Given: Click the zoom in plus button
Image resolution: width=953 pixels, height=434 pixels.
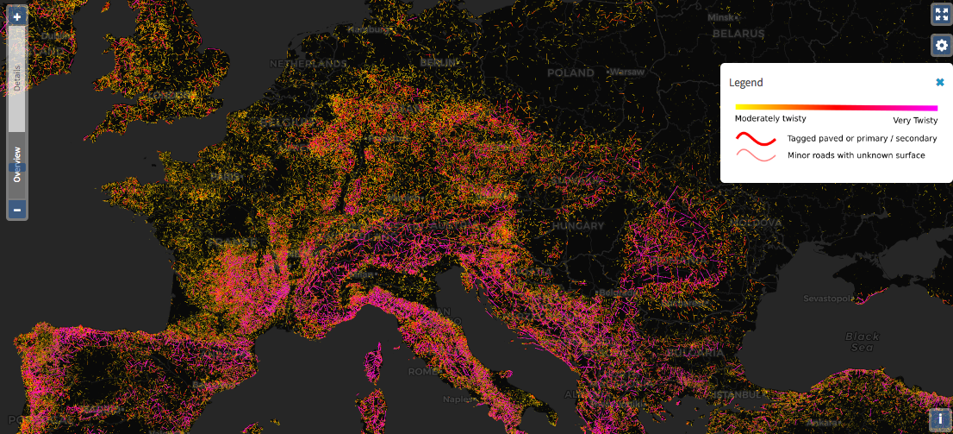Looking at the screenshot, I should (17, 16).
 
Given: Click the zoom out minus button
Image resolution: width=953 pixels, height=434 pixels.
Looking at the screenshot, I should (17, 209).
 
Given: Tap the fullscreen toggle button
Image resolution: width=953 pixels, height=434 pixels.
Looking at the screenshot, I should (941, 15).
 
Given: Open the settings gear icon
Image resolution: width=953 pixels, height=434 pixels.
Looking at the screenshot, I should (941, 45).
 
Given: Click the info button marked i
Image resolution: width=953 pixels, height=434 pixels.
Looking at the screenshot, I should (940, 419).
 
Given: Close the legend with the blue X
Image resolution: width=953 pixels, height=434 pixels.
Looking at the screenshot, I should (940, 82).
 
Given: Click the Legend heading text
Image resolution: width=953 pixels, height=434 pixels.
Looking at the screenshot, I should (745, 83).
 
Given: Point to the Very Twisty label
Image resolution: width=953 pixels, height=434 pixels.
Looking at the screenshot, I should (915, 120).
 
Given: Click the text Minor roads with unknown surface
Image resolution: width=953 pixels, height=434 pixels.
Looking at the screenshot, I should (856, 155).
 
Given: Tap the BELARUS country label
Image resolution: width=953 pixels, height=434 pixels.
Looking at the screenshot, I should (738, 34).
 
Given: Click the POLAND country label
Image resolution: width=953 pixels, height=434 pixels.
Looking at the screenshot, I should (570, 73).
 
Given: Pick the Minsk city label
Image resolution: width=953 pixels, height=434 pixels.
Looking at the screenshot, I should (719, 17).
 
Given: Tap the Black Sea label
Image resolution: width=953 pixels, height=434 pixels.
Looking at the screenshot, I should (862, 341).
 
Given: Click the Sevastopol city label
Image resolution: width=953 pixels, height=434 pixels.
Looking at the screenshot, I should (827, 299).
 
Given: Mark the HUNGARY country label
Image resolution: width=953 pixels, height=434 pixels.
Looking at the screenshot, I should (578, 225).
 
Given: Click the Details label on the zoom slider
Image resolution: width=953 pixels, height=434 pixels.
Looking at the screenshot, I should (17, 78).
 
